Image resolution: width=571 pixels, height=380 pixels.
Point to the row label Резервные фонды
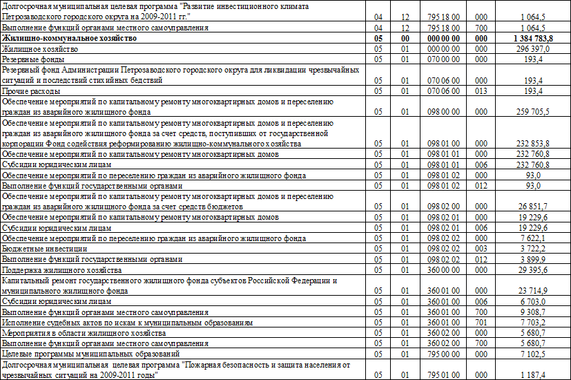(x=30, y=60)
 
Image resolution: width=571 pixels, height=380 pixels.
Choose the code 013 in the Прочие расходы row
(x=481, y=91)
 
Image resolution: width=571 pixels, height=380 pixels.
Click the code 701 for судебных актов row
(x=481, y=322)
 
